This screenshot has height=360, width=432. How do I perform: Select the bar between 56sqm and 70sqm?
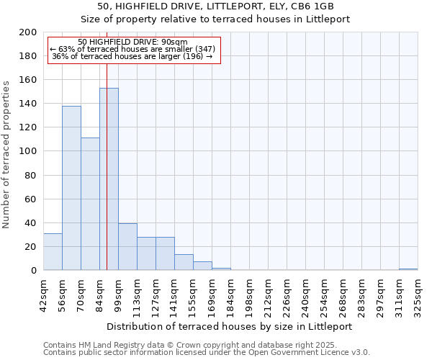(x=71, y=188)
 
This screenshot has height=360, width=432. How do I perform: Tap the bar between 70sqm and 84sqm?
(x=90, y=204)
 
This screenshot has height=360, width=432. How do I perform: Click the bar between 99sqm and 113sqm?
(x=127, y=247)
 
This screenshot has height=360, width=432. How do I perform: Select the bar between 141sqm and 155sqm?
(x=184, y=263)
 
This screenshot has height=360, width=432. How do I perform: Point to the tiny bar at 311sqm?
(x=408, y=269)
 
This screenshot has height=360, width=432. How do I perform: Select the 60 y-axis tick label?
(x=30, y=199)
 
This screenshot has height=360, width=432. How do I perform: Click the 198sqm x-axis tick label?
(x=249, y=297)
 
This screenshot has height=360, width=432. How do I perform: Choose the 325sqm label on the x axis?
(x=418, y=297)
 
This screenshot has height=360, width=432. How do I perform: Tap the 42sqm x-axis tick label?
(x=43, y=297)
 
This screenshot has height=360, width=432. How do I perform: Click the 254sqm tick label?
(x=324, y=297)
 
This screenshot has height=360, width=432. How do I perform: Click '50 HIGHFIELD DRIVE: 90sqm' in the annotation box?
(x=132, y=42)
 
